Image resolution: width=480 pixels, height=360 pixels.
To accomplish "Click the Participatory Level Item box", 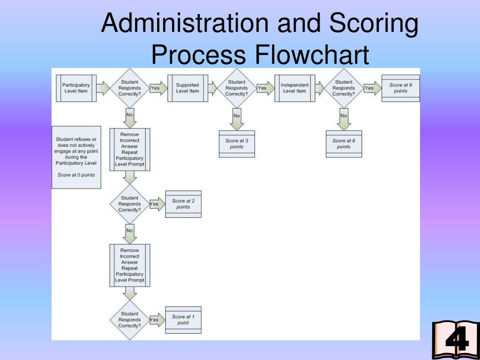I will tap(76, 88).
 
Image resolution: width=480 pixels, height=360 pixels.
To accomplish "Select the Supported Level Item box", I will tap(187, 88).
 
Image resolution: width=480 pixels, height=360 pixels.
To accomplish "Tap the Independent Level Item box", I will tap(295, 88).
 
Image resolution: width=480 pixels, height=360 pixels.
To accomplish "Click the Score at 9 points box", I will tap(401, 88).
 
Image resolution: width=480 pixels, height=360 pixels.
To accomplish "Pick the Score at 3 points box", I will tap(237, 144).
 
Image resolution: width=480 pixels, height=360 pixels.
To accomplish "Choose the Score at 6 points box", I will tap(344, 144).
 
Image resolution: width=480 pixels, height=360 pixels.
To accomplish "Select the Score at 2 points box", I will tap(183, 204).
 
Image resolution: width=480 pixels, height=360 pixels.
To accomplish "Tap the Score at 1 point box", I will tap(183, 320).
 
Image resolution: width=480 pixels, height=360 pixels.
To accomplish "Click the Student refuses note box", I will tap(76, 157).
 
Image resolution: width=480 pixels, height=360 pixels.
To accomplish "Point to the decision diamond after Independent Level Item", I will tap(344, 88).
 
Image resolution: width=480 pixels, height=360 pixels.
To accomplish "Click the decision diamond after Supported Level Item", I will tap(237, 88).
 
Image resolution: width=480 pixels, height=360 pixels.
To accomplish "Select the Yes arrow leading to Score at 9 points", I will tap(371, 88).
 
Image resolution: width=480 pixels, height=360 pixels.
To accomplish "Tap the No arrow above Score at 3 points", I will tap(237, 119).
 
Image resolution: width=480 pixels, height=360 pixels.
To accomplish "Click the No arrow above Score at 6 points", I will tap(344, 119).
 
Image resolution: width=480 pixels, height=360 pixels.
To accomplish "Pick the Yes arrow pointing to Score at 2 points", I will tap(155, 204).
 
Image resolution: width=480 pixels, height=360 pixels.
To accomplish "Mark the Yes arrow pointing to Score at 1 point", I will tap(155, 320).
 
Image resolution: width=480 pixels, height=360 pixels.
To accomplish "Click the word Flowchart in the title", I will tap(312, 55).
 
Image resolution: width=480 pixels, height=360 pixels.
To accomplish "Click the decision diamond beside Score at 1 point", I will tap(129, 320).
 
